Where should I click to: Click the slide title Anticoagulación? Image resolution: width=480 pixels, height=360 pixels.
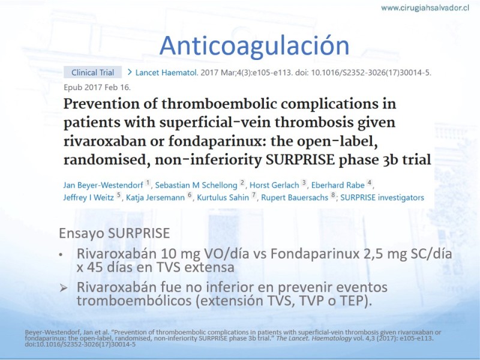pyautogui.click(x=254, y=46)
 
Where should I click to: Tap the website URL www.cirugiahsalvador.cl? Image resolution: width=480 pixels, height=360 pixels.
pyautogui.click(x=425, y=8)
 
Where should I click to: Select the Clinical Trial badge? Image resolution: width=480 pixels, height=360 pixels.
pyautogui.click(x=92, y=73)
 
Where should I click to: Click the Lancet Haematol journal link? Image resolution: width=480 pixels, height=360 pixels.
pyautogui.click(x=166, y=73)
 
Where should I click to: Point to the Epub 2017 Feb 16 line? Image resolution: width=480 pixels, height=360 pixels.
pyautogui.click(x=97, y=88)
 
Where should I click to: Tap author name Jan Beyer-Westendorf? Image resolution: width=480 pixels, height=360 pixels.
pyautogui.click(x=103, y=185)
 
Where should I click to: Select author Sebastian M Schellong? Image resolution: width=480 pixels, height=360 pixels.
pyautogui.click(x=196, y=185)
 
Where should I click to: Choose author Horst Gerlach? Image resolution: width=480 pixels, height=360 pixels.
pyautogui.click(x=274, y=185)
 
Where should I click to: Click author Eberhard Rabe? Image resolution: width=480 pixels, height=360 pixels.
pyautogui.click(x=338, y=185)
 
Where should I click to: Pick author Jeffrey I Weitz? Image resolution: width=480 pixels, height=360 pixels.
pyautogui.click(x=88, y=197)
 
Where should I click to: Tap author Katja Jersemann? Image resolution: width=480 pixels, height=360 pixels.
pyautogui.click(x=155, y=197)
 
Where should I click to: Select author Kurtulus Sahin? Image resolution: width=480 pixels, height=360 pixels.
pyautogui.click(x=223, y=197)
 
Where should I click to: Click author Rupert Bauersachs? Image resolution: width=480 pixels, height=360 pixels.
pyautogui.click(x=295, y=197)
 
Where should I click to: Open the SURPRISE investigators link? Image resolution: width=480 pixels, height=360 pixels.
pyautogui.click(x=382, y=197)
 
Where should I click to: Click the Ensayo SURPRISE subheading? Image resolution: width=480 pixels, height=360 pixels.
pyautogui.click(x=114, y=233)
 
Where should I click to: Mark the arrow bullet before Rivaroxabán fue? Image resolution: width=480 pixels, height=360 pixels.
pyautogui.click(x=64, y=288)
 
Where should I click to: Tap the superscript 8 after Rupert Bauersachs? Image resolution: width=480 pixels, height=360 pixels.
pyautogui.click(x=333, y=194)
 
